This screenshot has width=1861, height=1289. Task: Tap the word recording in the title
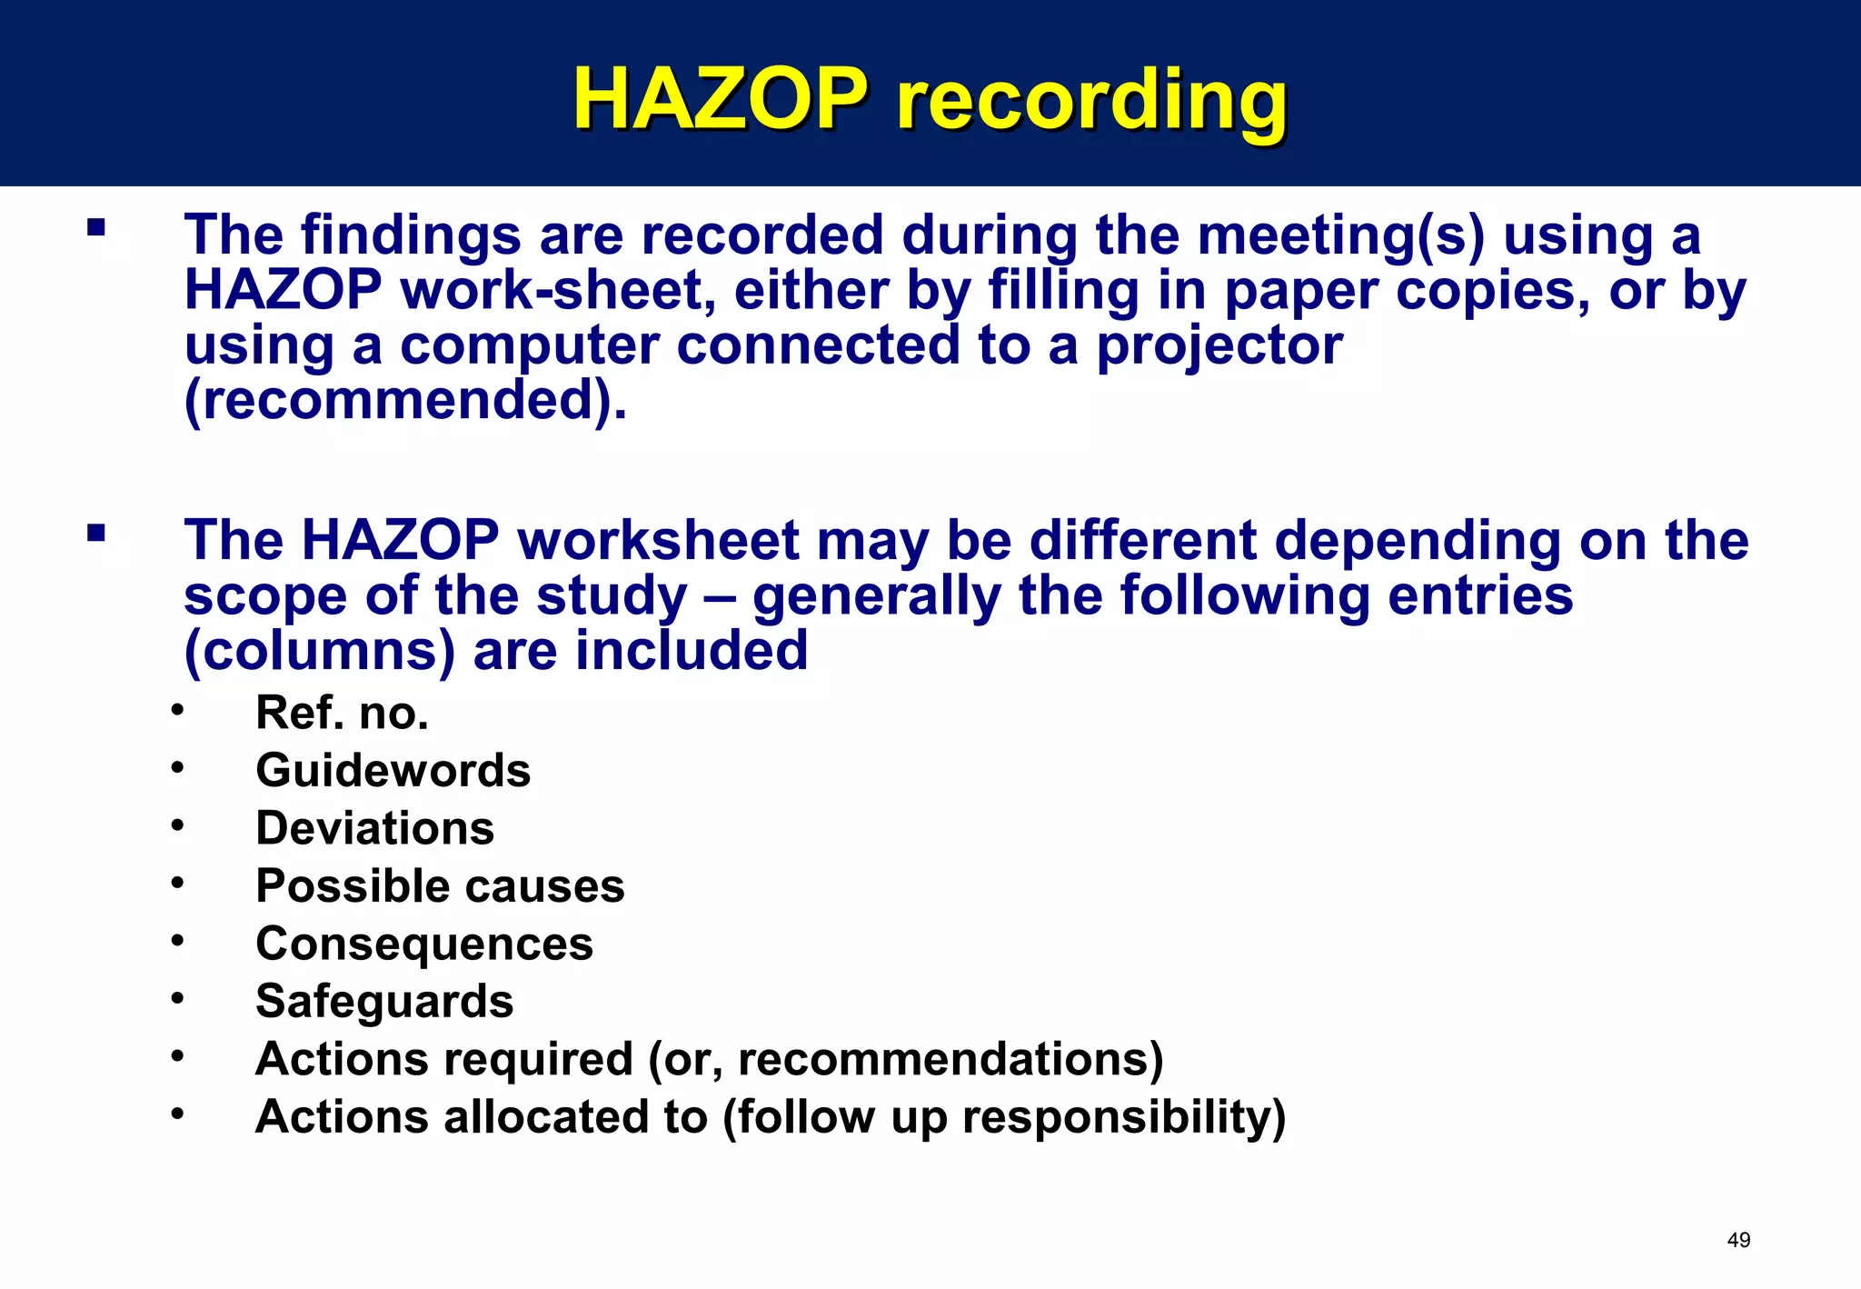1091,100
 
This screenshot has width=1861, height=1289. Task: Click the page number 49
1738,1240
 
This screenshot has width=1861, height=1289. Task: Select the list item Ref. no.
342,713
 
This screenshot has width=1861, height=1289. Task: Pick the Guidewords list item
393,771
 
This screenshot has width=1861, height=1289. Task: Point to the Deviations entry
374,828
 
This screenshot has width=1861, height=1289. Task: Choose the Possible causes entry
440,886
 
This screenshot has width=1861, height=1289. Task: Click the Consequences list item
424,944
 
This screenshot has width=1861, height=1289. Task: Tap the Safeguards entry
384,1002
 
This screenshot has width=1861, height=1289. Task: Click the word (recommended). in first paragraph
405,400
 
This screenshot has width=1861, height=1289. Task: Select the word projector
1219,345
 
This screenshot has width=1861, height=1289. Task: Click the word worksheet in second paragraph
658,540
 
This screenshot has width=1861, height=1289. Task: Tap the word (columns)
319,651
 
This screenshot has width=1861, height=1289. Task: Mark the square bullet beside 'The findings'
96,226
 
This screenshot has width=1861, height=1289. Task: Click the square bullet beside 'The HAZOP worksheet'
96,532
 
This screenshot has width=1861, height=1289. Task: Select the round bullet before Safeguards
177,998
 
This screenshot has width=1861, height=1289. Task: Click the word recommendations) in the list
950,1060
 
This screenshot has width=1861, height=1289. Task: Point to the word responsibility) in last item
1124,1117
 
